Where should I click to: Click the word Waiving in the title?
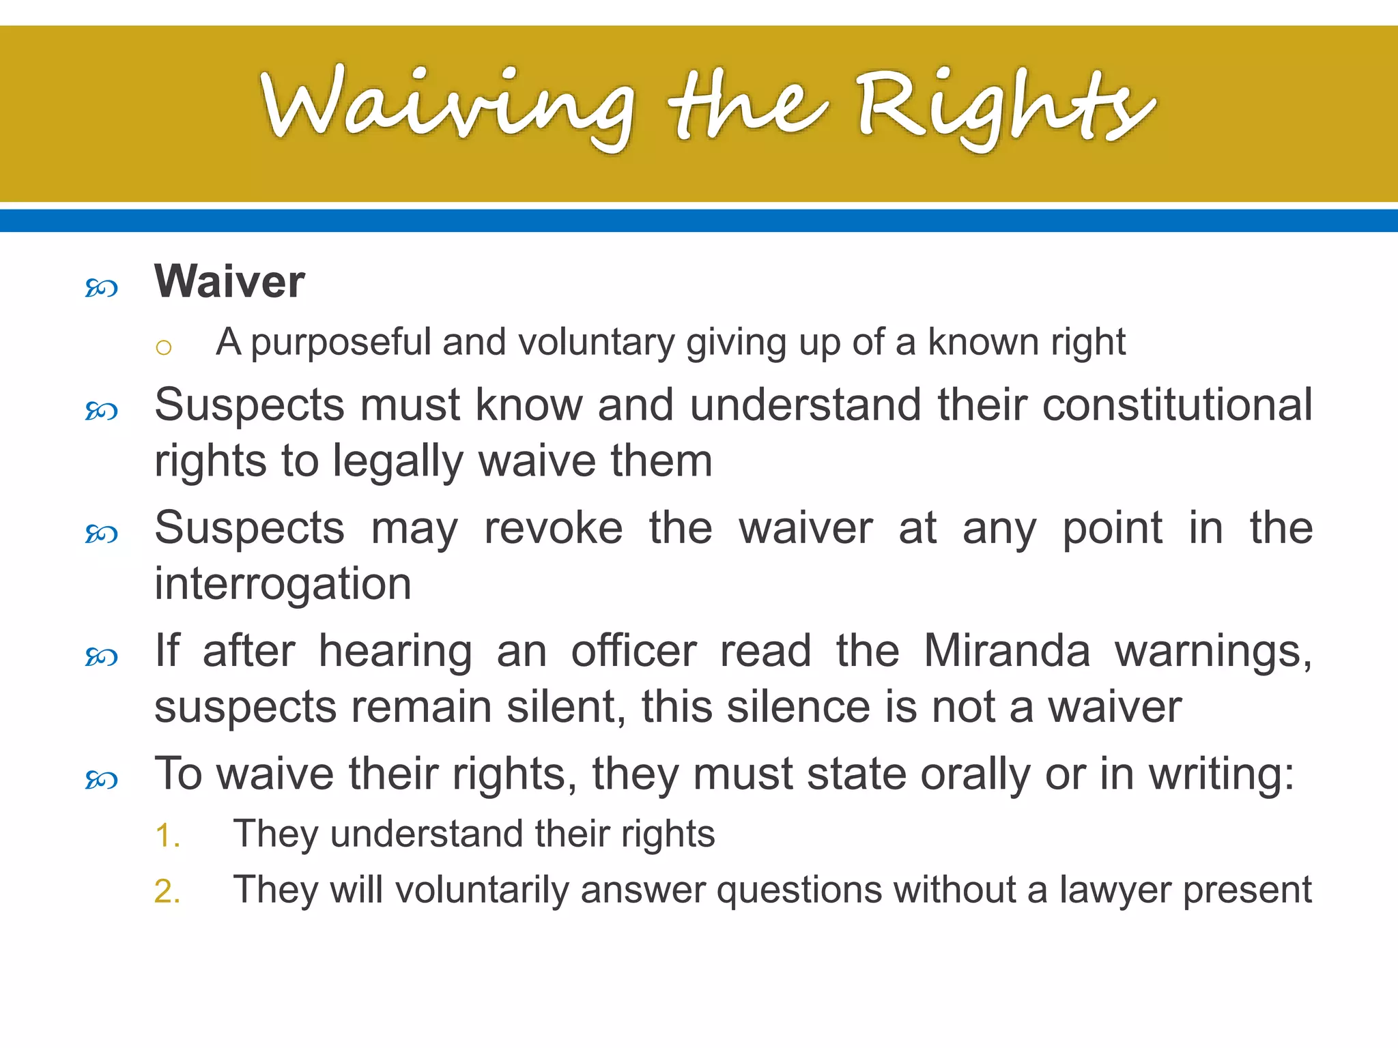[x=447, y=106]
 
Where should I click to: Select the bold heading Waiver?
[x=229, y=281]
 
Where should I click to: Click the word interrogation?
[x=283, y=584]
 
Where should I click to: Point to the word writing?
[x=1221, y=774]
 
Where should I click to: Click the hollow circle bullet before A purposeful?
[x=163, y=348]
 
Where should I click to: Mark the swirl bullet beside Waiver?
[x=102, y=288]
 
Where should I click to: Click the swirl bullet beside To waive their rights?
[x=102, y=779]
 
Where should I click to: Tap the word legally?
[x=398, y=462]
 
